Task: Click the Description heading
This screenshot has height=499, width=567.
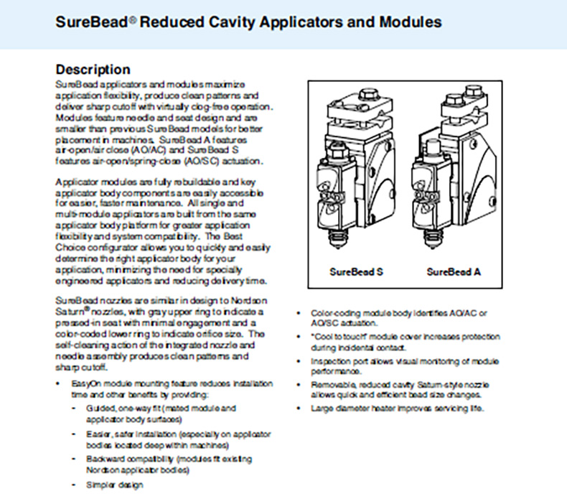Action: tap(93, 70)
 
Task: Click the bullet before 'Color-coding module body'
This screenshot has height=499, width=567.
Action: tap(299, 314)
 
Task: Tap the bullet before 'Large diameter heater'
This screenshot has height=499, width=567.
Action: tap(299, 409)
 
